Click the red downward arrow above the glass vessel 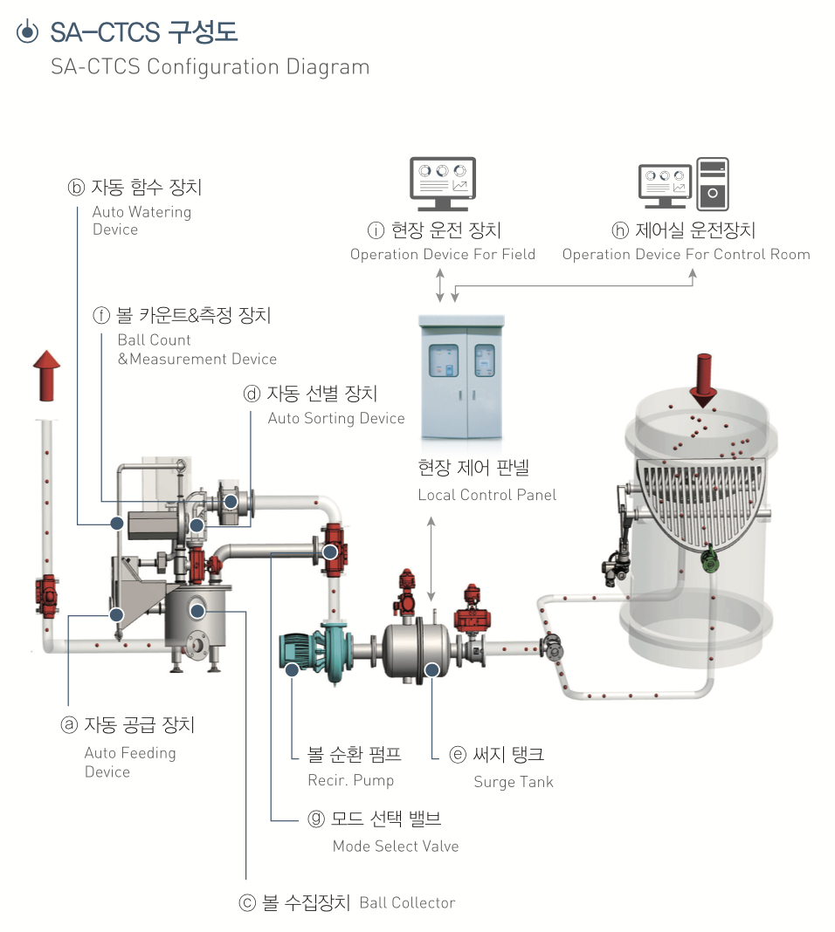pyautogui.click(x=701, y=380)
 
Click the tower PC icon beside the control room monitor pyautogui.click(x=713, y=184)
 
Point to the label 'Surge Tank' pyautogui.click(x=514, y=782)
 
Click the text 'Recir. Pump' pyautogui.click(x=351, y=780)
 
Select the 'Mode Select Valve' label pyautogui.click(x=396, y=846)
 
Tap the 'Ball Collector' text pyautogui.click(x=407, y=902)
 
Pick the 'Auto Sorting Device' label pyautogui.click(x=336, y=418)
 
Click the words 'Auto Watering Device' pyautogui.click(x=141, y=220)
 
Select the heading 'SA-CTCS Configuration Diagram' pyautogui.click(x=210, y=67)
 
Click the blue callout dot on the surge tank pyautogui.click(x=431, y=669)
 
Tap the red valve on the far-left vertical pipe pyautogui.click(x=45, y=595)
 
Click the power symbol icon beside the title pyautogui.click(x=28, y=32)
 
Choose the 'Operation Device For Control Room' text pyautogui.click(x=686, y=255)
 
